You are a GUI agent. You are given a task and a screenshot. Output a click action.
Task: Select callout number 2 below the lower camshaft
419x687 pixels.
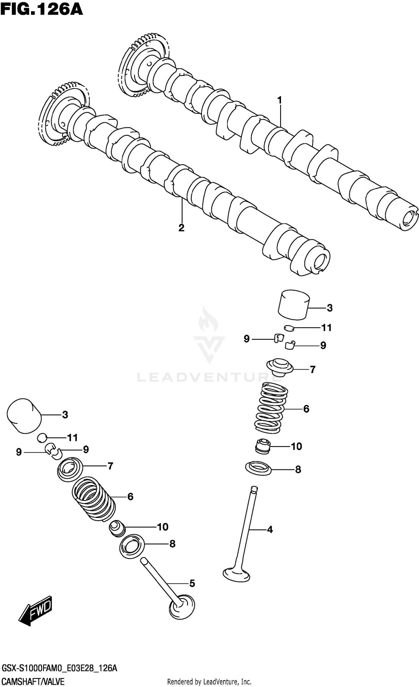point(181,228)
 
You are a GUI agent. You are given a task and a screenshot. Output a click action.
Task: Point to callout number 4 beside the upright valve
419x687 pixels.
point(270,529)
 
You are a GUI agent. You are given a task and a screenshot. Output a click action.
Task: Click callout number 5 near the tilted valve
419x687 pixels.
point(192,583)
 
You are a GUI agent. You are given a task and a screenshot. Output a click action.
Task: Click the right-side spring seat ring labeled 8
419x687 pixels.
point(258,469)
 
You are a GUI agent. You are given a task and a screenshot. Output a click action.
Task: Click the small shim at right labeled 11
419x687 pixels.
point(289,327)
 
